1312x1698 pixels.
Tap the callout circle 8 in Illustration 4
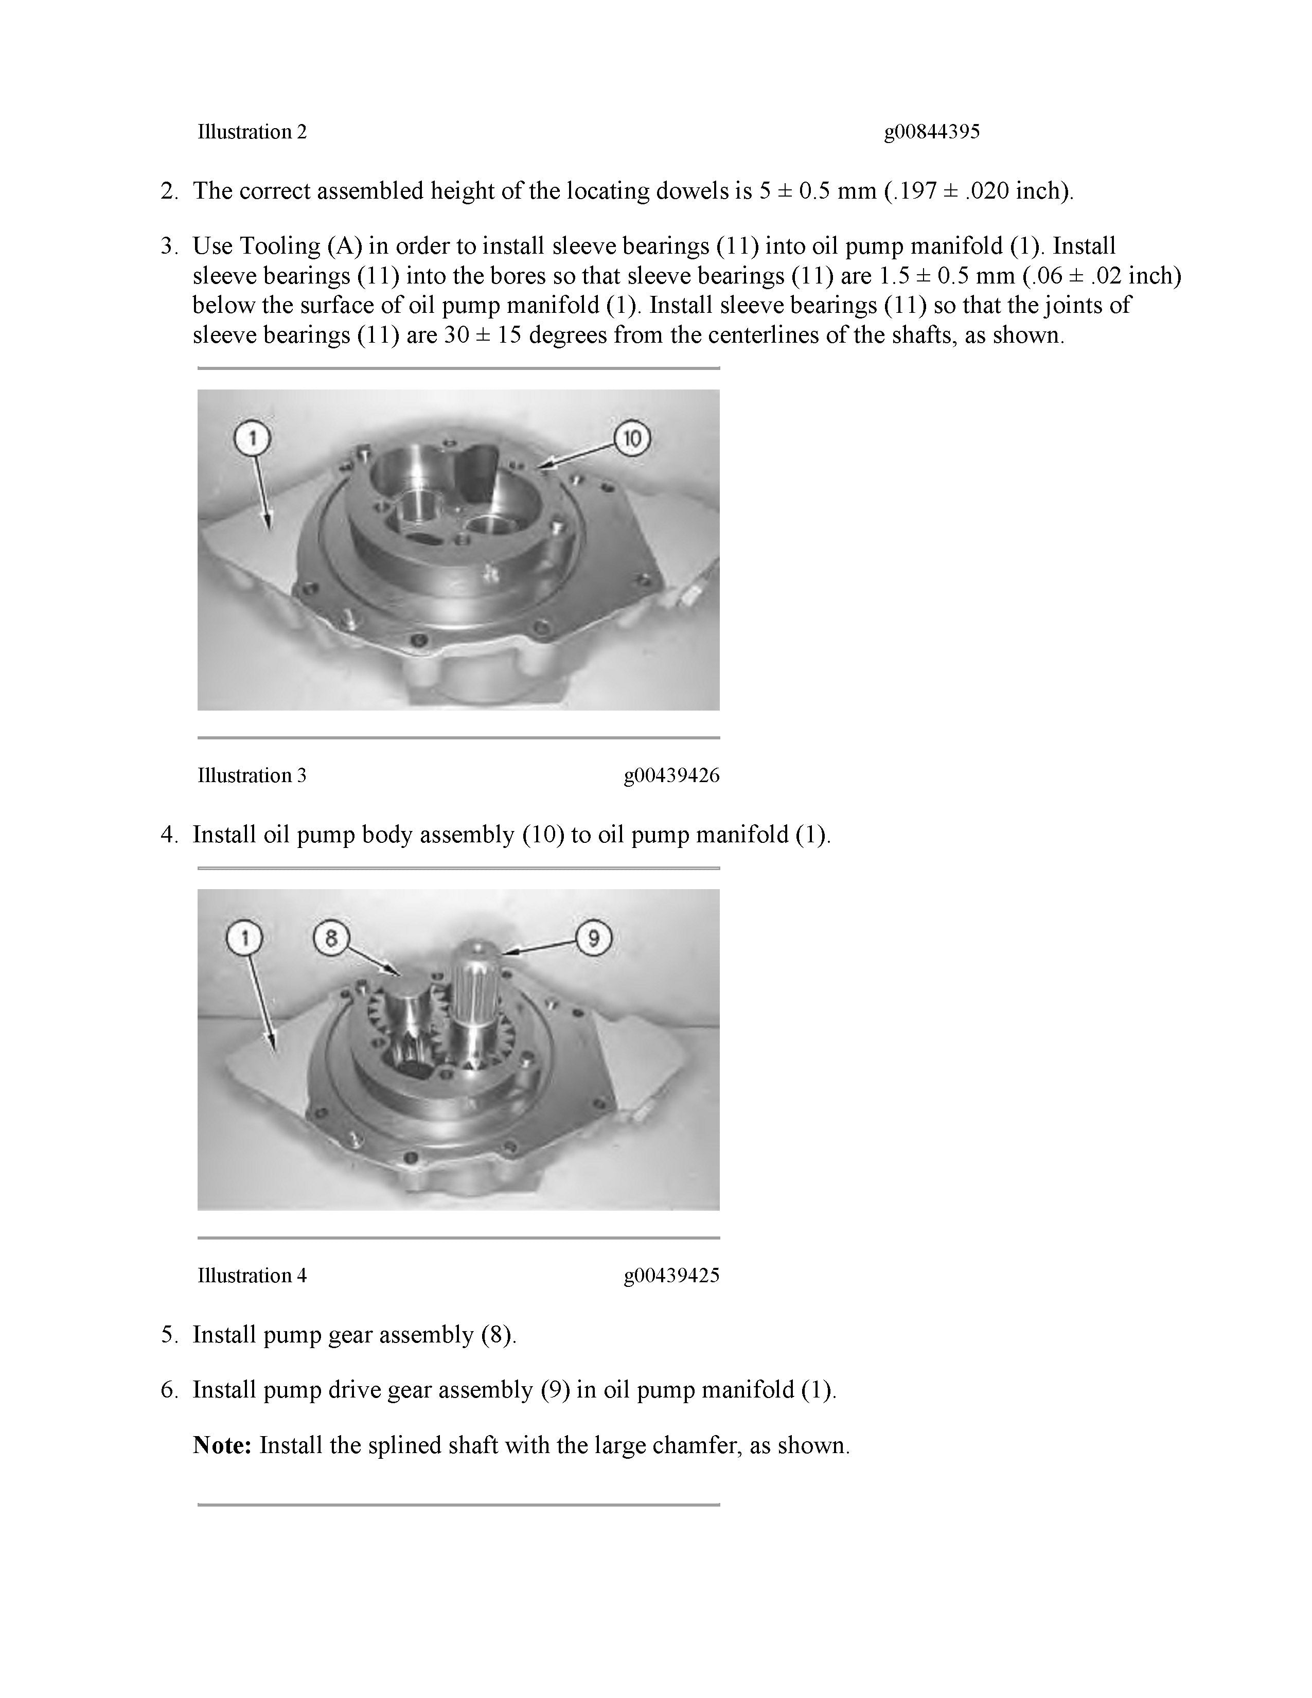click(x=331, y=939)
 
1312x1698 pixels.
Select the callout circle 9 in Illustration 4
click(x=594, y=939)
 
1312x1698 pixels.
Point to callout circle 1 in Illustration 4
click(x=245, y=939)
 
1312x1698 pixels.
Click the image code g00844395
click(x=931, y=132)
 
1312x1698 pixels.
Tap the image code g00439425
click(x=671, y=1275)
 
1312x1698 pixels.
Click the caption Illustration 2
click(x=252, y=132)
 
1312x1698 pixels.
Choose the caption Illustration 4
click(x=252, y=1275)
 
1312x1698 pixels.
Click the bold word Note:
click(x=222, y=1445)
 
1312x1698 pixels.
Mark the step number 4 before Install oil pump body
click(x=169, y=835)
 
